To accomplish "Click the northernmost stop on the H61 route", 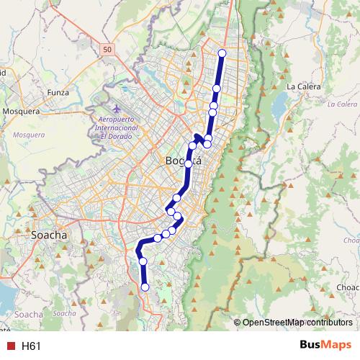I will (x=222, y=53).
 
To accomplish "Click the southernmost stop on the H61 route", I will (x=145, y=287).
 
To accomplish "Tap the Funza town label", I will (x=58, y=92).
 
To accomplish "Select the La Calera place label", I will (x=302, y=86).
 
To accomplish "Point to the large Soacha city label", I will (x=50, y=235).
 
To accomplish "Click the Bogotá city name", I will (x=183, y=161).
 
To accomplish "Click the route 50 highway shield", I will (x=107, y=48).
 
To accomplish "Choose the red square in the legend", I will (x=10, y=346).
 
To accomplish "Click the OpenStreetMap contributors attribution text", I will (x=297, y=323).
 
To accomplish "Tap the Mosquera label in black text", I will (x=21, y=112).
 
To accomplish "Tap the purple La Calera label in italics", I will (x=341, y=104).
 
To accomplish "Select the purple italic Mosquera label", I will (x=29, y=135).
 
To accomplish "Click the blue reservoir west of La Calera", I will (x=277, y=107).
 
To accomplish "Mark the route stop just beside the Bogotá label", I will (x=189, y=164).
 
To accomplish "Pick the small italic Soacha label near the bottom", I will (x=65, y=314).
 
